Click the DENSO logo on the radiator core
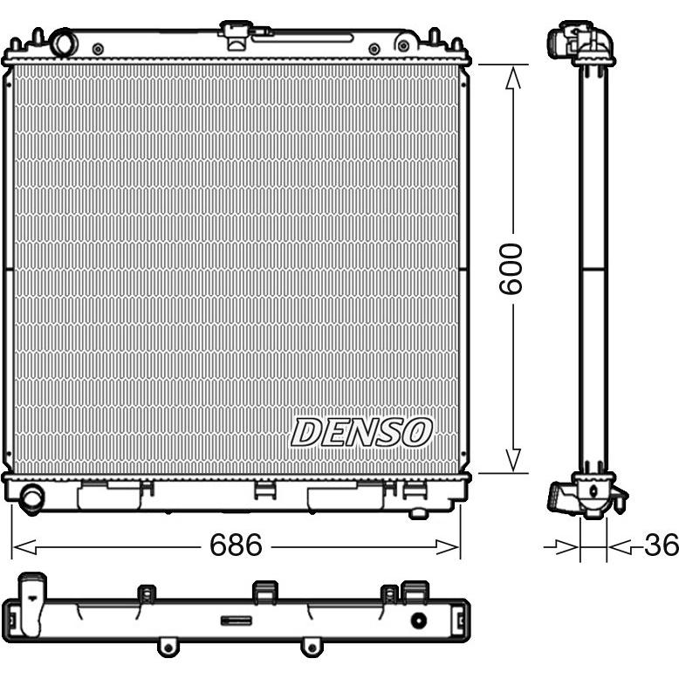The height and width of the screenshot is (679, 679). tap(361, 432)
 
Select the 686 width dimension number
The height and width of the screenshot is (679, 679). tap(236, 545)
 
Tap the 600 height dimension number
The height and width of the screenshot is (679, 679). tap(511, 269)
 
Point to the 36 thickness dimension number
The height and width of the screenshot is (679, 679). tap(661, 545)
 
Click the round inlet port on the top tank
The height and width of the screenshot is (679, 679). tap(64, 43)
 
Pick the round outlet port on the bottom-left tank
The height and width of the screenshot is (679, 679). tap(31, 498)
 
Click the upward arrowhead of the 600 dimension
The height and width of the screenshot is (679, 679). tap(513, 78)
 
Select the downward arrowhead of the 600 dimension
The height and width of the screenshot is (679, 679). tap(513, 460)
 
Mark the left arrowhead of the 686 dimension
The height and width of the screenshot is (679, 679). tap(24, 547)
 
